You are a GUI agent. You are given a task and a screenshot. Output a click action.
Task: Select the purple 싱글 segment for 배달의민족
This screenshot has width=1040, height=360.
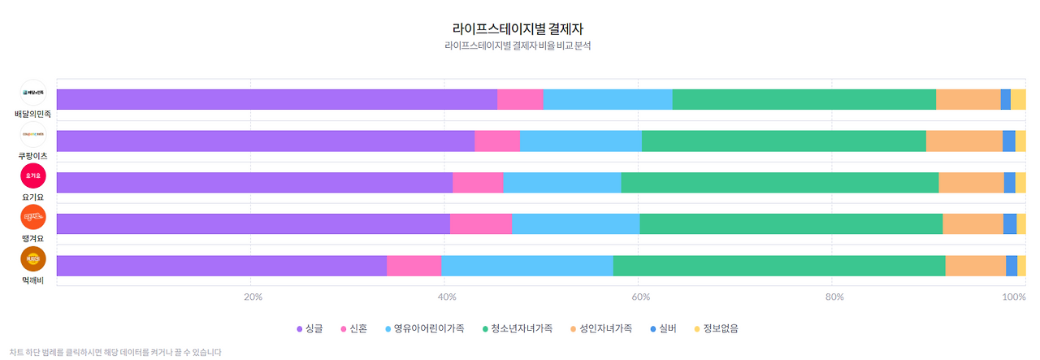[x=276, y=99]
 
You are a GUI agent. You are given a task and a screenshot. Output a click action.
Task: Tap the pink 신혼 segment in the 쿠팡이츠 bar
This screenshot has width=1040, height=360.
[x=496, y=141]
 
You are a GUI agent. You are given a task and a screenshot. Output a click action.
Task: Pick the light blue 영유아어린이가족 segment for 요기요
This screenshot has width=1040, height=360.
[x=561, y=182]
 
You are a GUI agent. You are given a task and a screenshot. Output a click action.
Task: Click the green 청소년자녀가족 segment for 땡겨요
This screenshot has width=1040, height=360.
[x=791, y=224]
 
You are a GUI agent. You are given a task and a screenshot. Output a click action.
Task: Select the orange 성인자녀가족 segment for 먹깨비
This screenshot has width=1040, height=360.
[x=975, y=266]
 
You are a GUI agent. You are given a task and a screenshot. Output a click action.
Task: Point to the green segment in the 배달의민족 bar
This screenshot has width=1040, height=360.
[x=804, y=99]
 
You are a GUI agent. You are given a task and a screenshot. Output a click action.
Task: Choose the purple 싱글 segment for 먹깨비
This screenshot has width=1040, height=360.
[x=221, y=266]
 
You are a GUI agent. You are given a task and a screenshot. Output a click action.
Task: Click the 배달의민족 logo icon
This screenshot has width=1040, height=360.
[x=33, y=93]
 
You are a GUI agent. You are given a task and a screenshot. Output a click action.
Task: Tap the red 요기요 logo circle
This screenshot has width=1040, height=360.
[x=33, y=176]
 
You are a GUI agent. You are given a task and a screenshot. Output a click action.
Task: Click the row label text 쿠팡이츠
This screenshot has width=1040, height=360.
[x=33, y=155]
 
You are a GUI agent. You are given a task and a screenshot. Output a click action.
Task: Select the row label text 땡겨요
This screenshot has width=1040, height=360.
[x=33, y=238]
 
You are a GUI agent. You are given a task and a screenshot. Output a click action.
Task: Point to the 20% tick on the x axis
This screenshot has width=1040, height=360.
[x=253, y=297]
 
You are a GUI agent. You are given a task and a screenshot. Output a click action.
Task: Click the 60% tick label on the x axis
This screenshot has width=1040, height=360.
[x=639, y=297]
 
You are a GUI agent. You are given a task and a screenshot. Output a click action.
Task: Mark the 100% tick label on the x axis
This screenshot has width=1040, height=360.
[x=1013, y=297]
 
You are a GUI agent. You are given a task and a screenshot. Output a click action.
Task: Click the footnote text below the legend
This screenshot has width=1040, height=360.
[x=111, y=353]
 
